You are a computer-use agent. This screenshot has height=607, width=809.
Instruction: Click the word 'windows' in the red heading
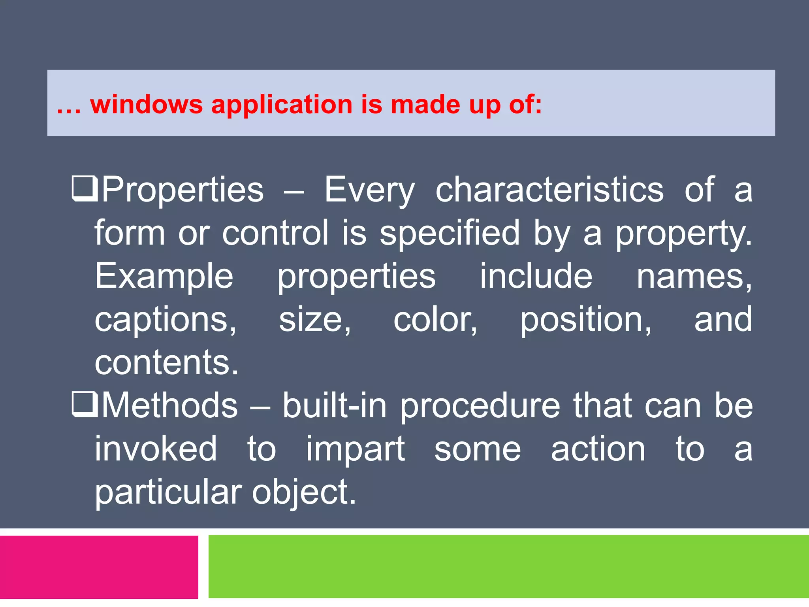tap(146, 105)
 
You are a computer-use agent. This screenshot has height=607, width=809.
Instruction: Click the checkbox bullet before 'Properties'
tap(85, 189)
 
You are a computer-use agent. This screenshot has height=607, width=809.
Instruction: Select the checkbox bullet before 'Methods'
tap(85, 405)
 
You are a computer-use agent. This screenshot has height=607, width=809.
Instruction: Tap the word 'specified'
tap(450, 233)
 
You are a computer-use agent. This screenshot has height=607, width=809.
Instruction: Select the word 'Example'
tap(164, 277)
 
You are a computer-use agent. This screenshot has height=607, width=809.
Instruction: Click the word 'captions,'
tap(166, 320)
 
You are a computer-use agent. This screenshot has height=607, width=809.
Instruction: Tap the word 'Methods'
tap(170, 405)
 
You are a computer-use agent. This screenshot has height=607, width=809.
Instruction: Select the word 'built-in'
tap(334, 405)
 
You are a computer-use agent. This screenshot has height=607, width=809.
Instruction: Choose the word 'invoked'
tap(156, 449)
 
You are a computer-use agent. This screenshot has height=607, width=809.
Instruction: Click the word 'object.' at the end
tap(304, 493)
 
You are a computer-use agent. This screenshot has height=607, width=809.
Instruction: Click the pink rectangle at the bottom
tap(99, 567)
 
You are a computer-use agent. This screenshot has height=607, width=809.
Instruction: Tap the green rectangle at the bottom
tap(508, 567)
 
